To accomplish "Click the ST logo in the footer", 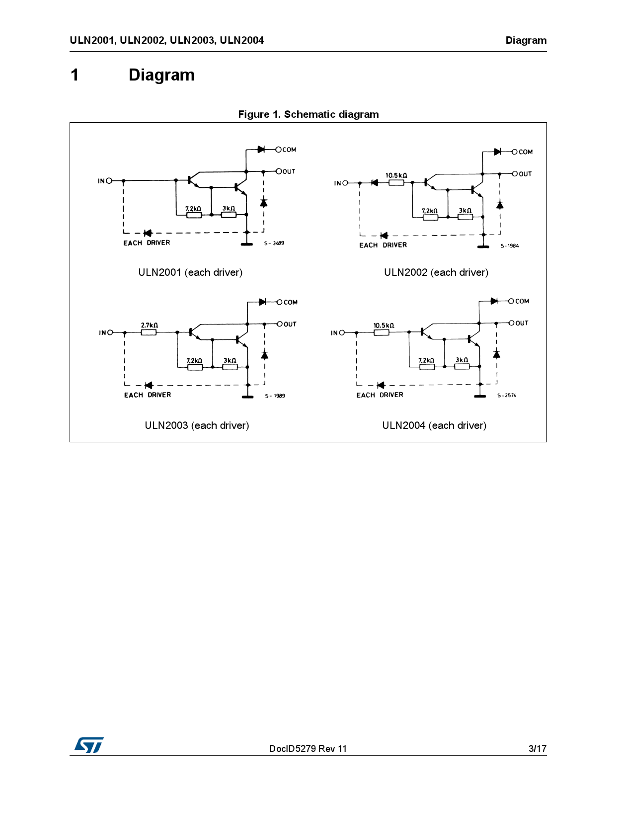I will [x=89, y=744].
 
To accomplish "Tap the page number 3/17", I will [x=537, y=748].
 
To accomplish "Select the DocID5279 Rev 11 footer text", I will [x=308, y=748].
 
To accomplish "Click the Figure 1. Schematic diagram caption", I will [x=308, y=114].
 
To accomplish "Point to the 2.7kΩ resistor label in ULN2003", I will [x=149, y=326].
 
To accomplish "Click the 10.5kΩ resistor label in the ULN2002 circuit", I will [x=396, y=175].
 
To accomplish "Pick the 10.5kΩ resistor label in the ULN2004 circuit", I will [x=384, y=326].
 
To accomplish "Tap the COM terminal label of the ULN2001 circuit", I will [x=289, y=150].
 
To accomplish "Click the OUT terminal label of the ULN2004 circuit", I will [x=522, y=323].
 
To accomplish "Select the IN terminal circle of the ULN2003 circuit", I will [x=110, y=332].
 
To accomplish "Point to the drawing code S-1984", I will [x=510, y=246].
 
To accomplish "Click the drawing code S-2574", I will [x=507, y=396].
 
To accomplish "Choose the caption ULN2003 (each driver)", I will [x=197, y=425].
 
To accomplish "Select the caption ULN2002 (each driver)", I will [x=436, y=272].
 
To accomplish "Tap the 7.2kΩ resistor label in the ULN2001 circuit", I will [x=193, y=209].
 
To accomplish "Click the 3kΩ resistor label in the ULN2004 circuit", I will [x=462, y=360].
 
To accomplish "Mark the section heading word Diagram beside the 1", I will [x=161, y=75].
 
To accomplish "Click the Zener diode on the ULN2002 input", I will [x=375, y=182].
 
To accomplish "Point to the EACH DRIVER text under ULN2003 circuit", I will [x=148, y=395].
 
